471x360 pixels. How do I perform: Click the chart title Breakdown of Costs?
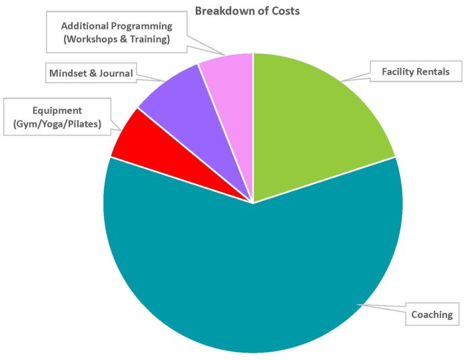246,11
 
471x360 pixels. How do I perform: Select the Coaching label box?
431,315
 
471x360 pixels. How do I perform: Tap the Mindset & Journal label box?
91,73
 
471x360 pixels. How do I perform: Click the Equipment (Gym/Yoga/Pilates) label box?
57,117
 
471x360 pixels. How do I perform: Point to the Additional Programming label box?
117,33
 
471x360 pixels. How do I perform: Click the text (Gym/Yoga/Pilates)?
57,124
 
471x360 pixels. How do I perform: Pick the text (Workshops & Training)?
117,39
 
